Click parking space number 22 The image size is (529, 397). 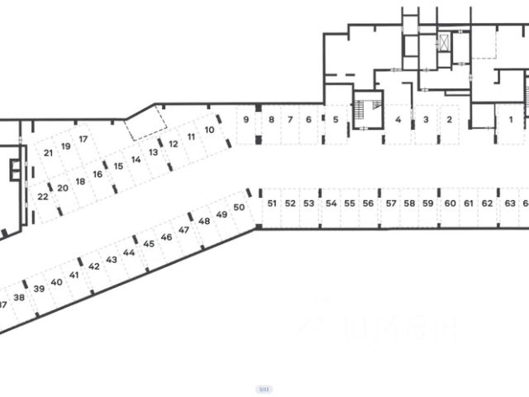point(43,197)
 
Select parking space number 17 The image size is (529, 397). point(83,139)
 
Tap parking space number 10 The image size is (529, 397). point(210,130)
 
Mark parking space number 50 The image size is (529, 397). point(239,208)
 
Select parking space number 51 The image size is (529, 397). point(271,203)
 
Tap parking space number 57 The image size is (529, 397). point(390,203)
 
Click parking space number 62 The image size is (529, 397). point(487,203)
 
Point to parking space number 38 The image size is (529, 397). point(19,298)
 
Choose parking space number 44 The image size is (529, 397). point(129,252)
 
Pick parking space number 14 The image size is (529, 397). point(136,159)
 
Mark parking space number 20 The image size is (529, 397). point(63,188)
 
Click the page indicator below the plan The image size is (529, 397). point(264,388)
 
